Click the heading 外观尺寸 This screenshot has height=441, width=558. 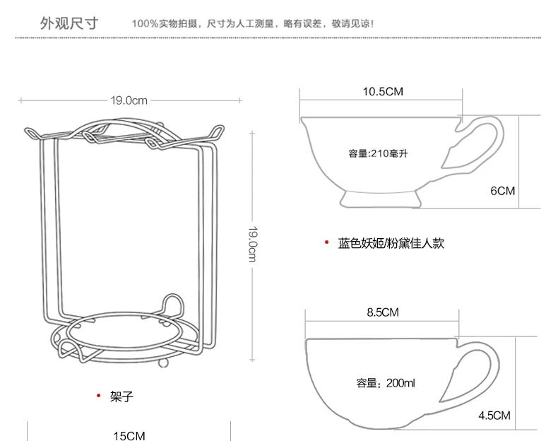(69, 23)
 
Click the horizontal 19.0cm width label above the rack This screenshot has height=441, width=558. (129, 100)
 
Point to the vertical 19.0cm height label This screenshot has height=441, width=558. (252, 244)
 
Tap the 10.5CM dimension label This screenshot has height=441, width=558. (383, 91)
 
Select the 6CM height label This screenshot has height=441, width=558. (502, 191)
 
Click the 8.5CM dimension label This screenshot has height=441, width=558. (383, 312)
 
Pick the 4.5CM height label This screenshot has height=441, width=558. (494, 416)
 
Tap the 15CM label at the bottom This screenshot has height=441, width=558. (129, 436)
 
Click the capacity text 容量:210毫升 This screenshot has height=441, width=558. (378, 153)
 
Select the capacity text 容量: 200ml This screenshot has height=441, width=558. (386, 383)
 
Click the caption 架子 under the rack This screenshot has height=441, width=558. (121, 396)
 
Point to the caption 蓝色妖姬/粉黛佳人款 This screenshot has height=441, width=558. (391, 243)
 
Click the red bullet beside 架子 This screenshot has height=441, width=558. (99, 396)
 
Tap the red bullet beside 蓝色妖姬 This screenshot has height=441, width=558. (327, 242)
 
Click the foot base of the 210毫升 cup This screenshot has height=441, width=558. (381, 199)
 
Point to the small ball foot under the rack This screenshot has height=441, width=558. (164, 363)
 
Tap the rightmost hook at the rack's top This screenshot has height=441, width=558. (217, 131)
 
